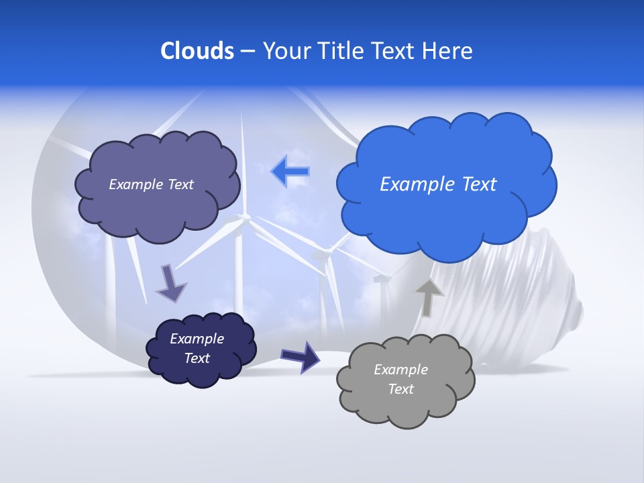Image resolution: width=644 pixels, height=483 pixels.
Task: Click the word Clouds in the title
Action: (197, 51)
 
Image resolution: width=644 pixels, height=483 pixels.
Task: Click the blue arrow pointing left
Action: (290, 171)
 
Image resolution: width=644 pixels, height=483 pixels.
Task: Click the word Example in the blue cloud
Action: (413, 184)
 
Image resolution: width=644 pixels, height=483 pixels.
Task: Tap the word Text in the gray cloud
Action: (400, 389)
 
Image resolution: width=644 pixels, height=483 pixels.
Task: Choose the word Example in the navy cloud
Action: (197, 339)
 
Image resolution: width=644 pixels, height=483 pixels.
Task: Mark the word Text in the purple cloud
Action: (179, 184)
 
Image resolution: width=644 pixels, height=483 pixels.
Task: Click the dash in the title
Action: (248, 52)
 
